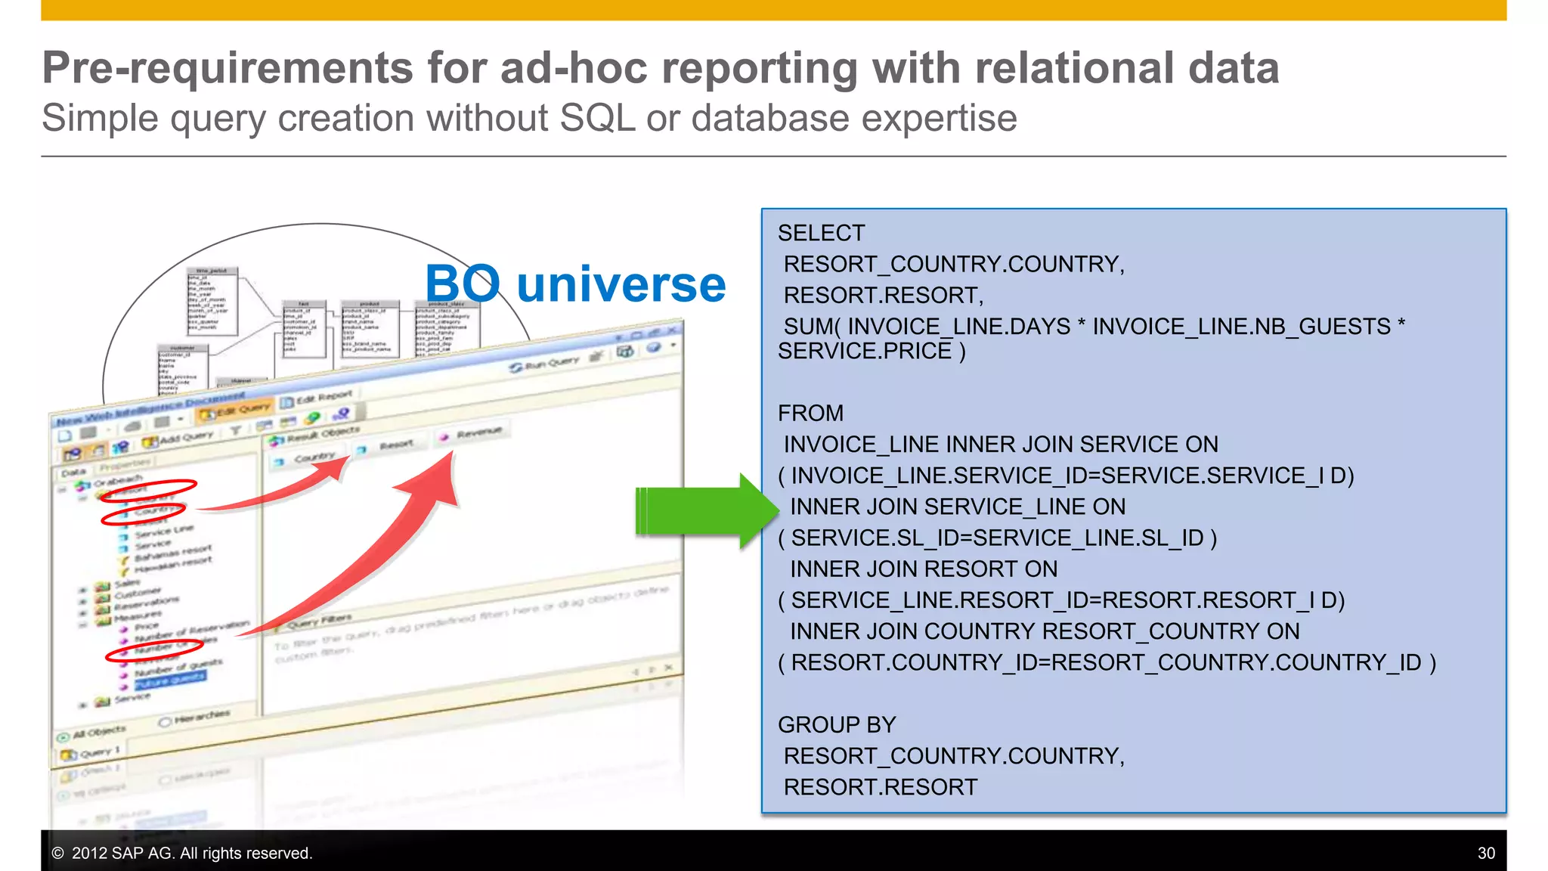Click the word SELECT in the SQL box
point(821,233)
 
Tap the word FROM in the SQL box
point(810,413)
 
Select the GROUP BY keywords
point(837,724)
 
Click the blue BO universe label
point(575,284)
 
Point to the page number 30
point(1485,853)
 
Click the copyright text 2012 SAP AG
point(181,853)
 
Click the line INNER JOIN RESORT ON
point(923,569)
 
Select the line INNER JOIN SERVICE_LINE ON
point(957,507)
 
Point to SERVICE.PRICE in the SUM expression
point(864,352)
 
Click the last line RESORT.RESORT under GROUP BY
point(880,787)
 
